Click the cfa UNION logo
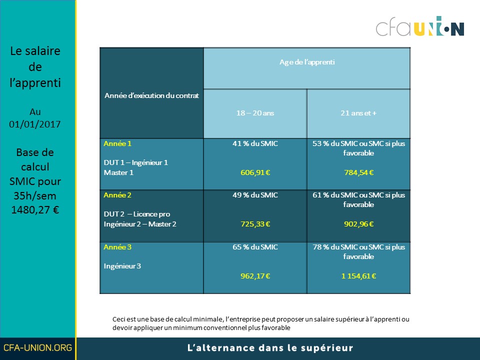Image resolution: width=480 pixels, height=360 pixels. click(420, 26)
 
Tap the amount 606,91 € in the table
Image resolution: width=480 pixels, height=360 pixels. click(255, 172)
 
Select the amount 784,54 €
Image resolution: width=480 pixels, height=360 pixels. click(359, 172)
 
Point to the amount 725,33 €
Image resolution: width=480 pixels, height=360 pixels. click(255, 224)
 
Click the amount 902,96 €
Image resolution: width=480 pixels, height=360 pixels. click(359, 224)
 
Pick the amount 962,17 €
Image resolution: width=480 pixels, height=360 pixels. click(255, 276)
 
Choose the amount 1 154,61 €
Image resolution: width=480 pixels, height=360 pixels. click(359, 276)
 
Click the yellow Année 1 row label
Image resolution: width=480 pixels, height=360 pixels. click(117, 143)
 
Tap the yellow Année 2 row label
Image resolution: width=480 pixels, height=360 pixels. click(117, 195)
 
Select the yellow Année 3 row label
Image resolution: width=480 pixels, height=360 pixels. click(117, 247)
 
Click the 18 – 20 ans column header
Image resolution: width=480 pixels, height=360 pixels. click(255, 113)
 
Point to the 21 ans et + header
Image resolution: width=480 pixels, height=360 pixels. click(358, 113)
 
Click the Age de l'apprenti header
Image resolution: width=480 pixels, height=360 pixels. click(307, 62)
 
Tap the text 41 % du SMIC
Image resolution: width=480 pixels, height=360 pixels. click(255, 143)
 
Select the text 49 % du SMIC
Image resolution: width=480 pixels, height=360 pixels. click(255, 195)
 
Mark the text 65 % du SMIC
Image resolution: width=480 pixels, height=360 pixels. click(255, 247)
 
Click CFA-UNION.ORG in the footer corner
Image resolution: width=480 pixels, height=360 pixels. click(37, 348)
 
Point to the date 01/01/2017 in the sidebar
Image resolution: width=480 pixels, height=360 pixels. click(35, 124)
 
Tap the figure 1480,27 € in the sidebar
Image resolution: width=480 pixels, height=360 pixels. click(35, 210)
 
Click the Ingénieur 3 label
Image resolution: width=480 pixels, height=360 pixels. click(122, 266)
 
